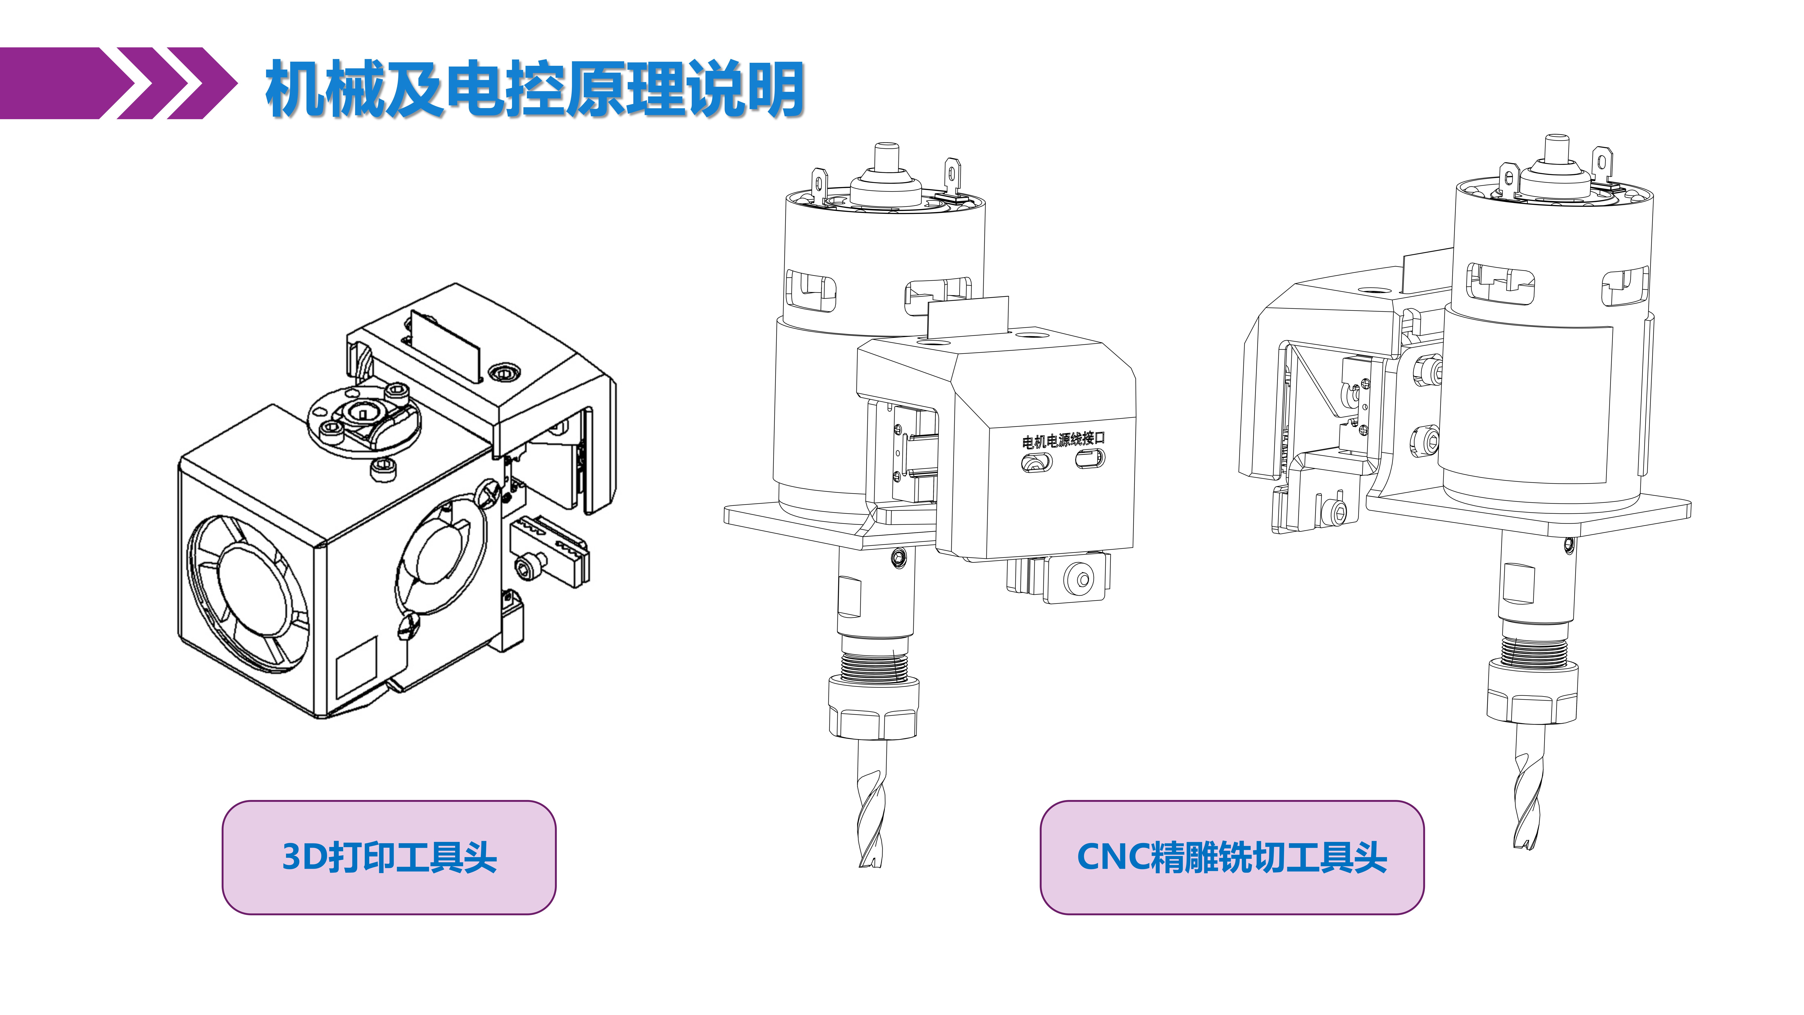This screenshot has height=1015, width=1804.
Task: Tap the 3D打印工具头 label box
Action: coord(389,857)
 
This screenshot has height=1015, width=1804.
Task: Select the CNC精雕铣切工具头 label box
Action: coord(1231,857)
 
